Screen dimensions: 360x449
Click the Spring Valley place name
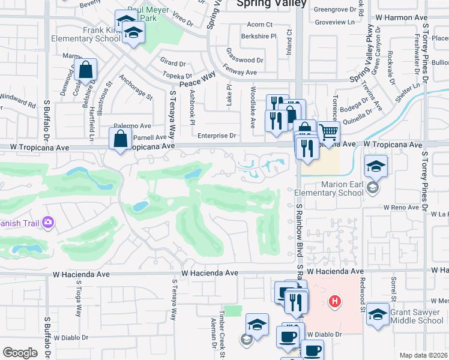(271, 4)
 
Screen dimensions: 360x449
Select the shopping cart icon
(328, 131)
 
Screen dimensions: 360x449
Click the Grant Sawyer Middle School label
(408, 316)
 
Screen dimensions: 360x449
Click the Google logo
(20, 352)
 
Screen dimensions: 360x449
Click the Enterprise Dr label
(217, 136)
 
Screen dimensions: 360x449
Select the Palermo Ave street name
(133, 126)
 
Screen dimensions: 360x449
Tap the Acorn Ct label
(260, 25)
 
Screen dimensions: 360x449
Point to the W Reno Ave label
(400, 207)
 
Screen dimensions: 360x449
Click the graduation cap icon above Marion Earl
(376, 166)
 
